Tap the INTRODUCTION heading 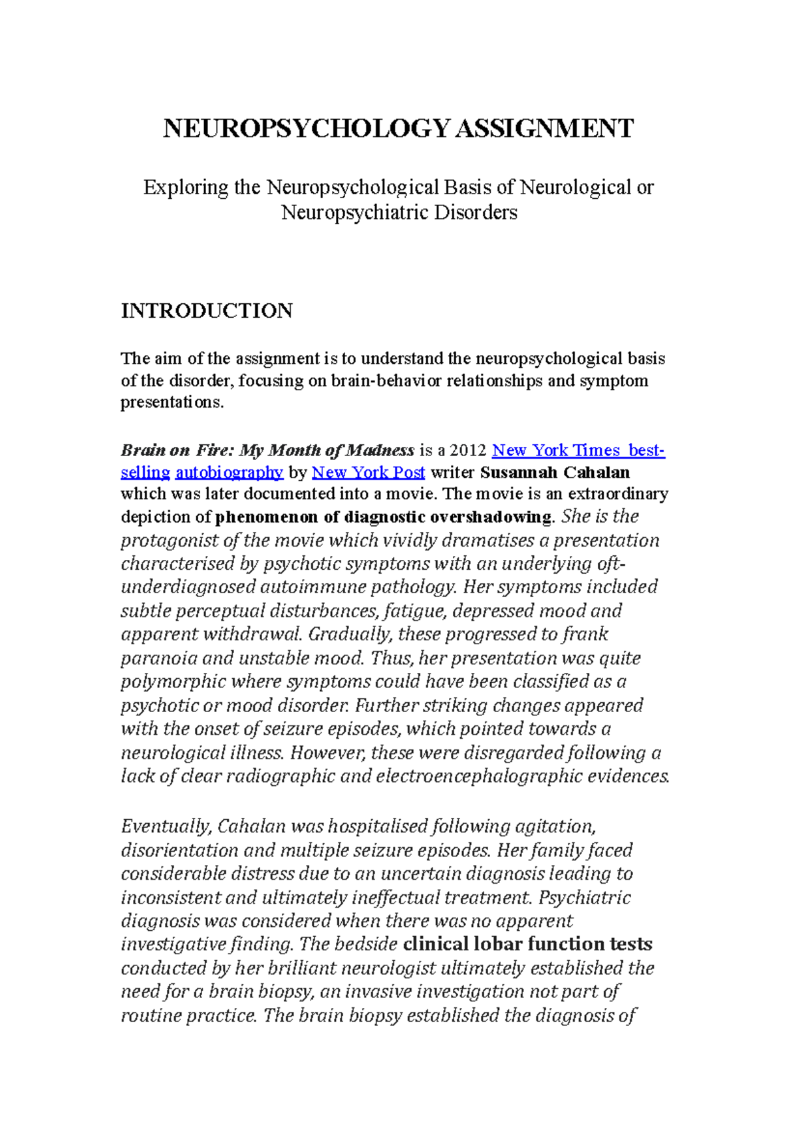pos(206,311)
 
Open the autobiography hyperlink pos(229,473)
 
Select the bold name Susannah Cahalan pos(555,473)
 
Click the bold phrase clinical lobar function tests pos(527,944)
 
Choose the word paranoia pos(159,658)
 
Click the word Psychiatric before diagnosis pos(584,898)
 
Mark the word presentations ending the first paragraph pos(171,403)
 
